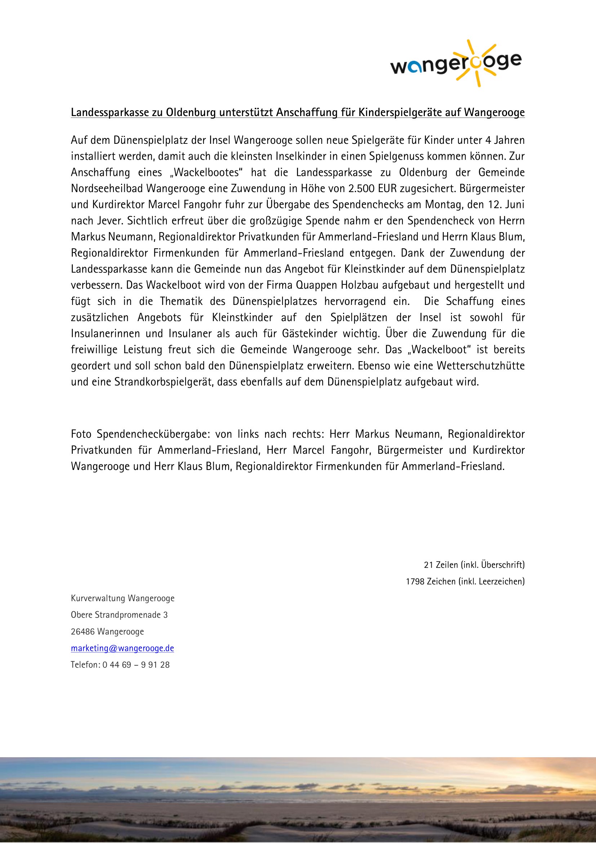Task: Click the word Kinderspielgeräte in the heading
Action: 400,112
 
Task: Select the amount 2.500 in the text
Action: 361,189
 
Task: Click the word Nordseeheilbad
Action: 107,189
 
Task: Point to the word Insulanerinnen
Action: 105,334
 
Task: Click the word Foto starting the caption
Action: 81,434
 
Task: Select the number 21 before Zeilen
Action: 429,565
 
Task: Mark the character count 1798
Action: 414,582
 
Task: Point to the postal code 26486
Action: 83,632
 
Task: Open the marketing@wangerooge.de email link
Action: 122,648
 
